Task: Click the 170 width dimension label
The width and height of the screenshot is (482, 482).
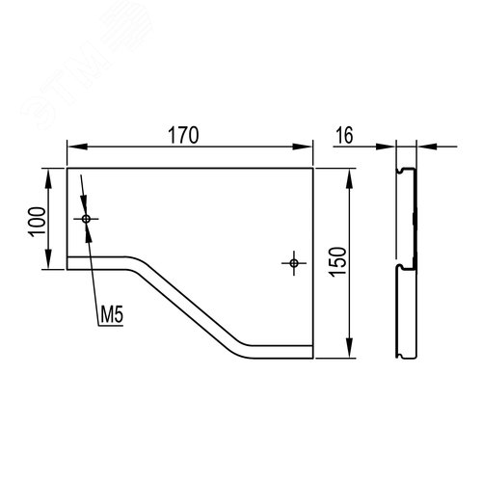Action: point(183,135)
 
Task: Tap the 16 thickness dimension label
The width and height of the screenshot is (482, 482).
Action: point(344,135)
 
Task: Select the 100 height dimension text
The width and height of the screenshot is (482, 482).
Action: point(38,222)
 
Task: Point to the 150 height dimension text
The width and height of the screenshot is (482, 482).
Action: point(337,262)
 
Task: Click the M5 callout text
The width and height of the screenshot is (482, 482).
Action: point(112,314)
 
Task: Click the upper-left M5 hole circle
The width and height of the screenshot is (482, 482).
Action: point(86,219)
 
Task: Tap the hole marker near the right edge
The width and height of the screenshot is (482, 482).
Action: point(294,263)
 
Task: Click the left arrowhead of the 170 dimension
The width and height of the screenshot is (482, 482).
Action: point(77,147)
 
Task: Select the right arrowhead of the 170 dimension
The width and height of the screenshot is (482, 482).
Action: point(303,147)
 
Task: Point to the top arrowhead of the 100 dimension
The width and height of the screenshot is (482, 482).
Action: point(48,179)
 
